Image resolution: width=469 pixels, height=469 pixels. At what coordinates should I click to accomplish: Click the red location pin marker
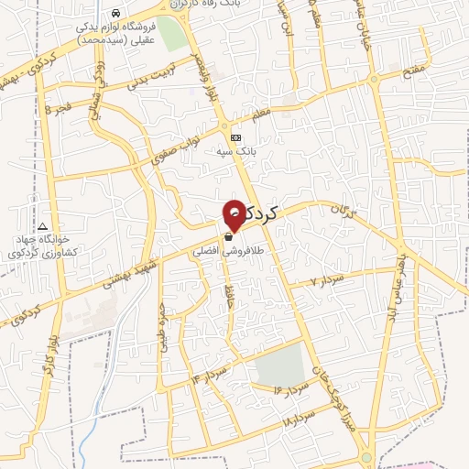tap(234, 212)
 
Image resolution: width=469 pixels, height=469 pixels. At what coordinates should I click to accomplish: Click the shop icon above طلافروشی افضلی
tap(227, 235)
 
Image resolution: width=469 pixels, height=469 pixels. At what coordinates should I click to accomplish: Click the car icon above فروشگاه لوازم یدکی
tap(115, 15)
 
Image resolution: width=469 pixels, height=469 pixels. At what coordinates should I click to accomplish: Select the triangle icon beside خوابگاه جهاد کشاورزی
tap(41, 226)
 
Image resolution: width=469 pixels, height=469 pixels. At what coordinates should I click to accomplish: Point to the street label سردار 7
tap(326, 278)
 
